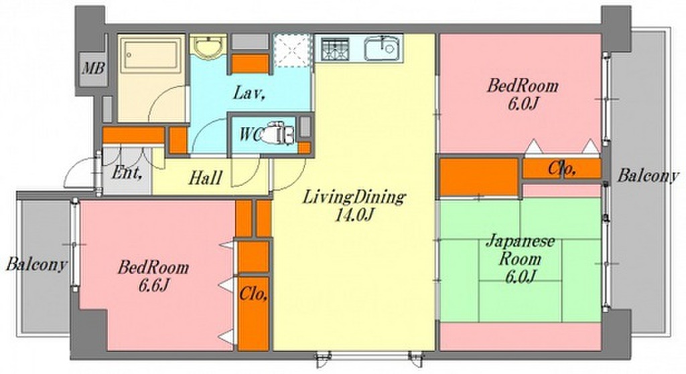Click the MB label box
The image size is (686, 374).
(89, 68)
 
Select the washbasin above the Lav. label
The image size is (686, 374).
(209, 49)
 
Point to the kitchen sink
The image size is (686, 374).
(383, 49)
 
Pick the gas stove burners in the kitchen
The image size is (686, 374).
(337, 49)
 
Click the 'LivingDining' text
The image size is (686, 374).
(354, 197)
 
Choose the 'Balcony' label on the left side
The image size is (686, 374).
(37, 264)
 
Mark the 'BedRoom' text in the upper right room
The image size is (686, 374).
(522, 86)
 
